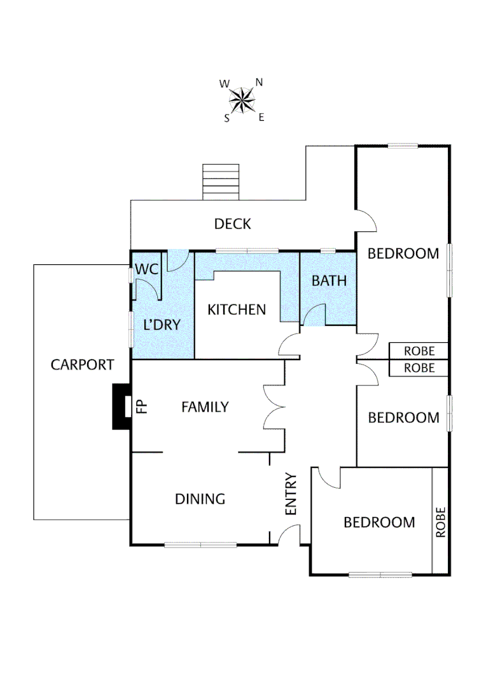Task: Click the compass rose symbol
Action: (242, 100)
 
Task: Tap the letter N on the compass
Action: (259, 82)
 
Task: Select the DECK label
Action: (232, 224)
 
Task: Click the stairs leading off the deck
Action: (221, 182)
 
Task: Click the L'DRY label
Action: (162, 325)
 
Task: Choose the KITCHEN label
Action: (237, 310)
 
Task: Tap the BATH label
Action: (329, 280)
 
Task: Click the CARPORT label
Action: (82, 365)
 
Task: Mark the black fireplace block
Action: (120, 407)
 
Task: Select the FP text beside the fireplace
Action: (142, 406)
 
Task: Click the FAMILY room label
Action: (205, 407)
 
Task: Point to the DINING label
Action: (200, 499)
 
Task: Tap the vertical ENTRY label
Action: (291, 494)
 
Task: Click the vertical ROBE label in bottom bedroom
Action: (441, 522)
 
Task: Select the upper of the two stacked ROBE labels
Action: (419, 351)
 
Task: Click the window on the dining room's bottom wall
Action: (200, 544)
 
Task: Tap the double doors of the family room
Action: (274, 407)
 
